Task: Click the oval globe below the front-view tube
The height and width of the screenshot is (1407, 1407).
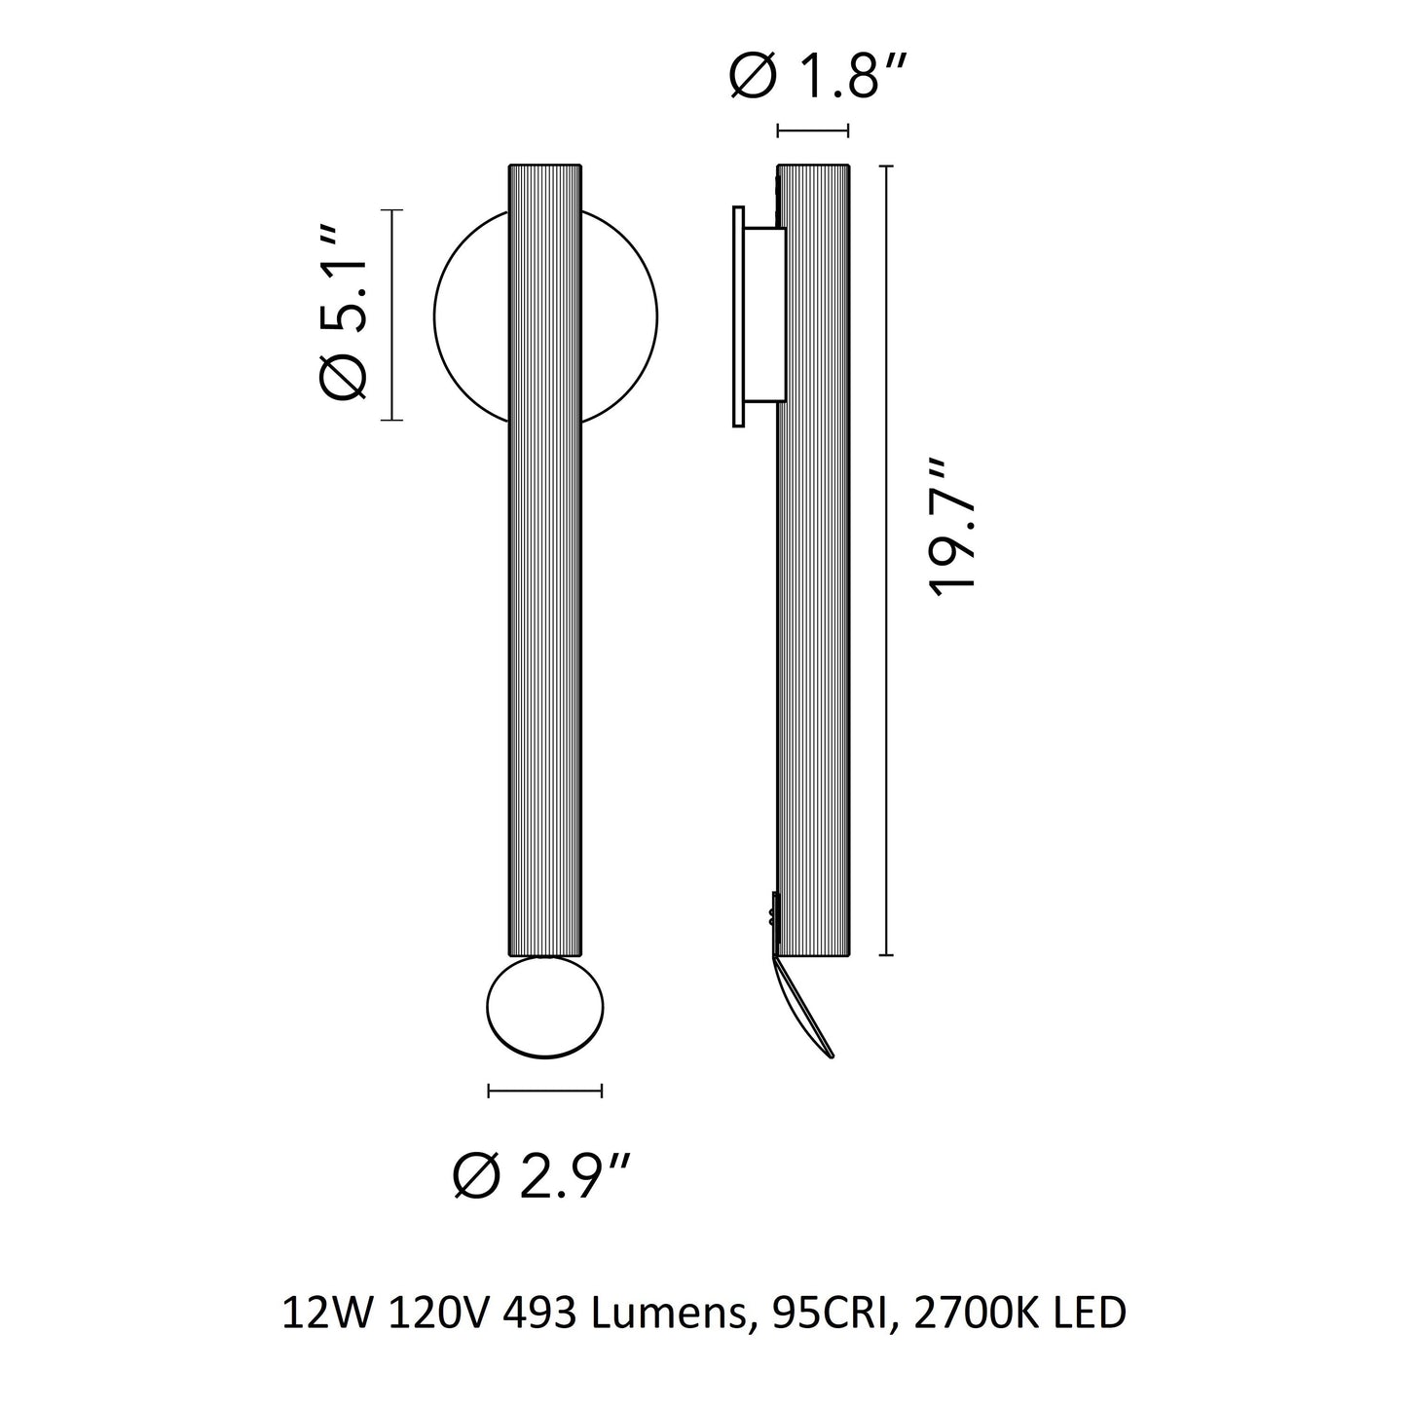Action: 544,1008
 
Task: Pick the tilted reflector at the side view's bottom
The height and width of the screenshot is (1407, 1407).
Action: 804,1009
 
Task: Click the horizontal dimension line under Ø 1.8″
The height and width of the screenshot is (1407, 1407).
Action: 813,131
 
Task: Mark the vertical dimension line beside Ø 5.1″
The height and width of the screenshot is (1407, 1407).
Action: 392,315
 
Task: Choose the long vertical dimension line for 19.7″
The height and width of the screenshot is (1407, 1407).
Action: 886,560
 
